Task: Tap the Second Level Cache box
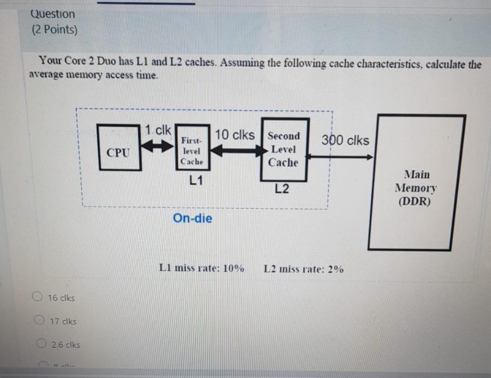283,149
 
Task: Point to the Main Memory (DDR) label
416,188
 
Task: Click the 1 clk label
158,130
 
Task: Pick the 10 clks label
234,135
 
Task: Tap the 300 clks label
345,140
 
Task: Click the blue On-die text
193,218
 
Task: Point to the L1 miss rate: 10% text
202,268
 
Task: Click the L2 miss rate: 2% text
304,269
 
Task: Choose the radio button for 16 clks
37,298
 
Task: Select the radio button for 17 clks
40,321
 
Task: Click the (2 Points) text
54,30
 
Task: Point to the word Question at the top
53,14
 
